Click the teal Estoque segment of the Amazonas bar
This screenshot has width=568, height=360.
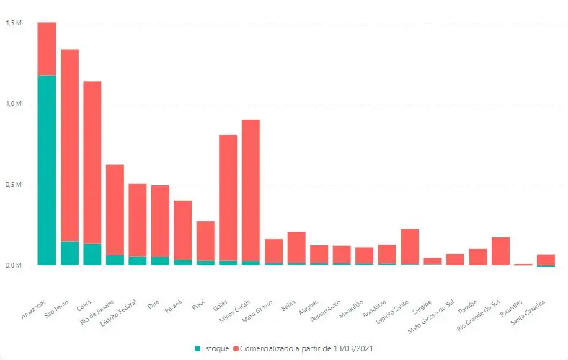coord(47,170)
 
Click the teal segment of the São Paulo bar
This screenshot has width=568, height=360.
coord(69,253)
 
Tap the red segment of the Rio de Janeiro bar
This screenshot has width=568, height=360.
coord(115,209)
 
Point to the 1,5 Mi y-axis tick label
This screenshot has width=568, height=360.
coord(15,23)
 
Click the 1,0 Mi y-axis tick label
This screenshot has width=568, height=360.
coord(15,104)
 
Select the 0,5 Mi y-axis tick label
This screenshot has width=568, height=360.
coord(15,185)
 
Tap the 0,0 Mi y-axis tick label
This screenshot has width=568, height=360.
coord(15,265)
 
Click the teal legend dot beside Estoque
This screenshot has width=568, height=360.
coord(198,348)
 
